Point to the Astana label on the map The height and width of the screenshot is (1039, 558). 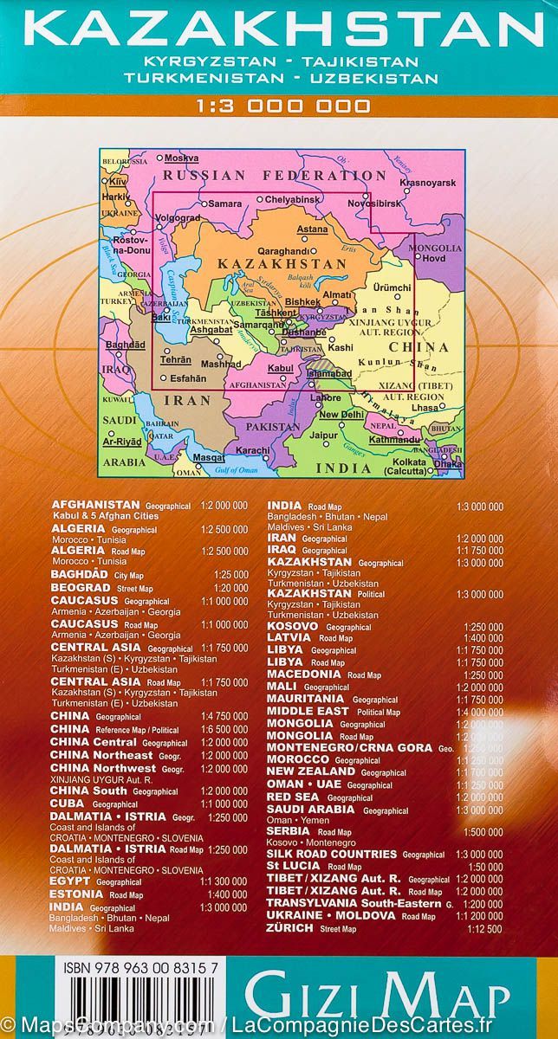[312, 229]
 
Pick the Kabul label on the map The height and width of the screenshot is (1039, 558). [281, 369]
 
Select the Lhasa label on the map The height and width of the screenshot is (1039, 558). [425, 407]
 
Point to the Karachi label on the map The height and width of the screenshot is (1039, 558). [254, 451]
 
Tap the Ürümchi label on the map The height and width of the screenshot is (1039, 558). [389, 287]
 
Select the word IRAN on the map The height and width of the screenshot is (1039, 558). [187, 401]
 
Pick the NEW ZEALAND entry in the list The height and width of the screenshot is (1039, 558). [312, 772]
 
